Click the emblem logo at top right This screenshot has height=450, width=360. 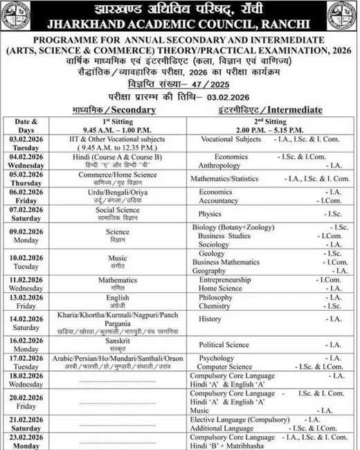[x=342, y=17]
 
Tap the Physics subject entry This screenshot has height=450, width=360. [x=210, y=214]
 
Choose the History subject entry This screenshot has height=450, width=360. [x=210, y=319]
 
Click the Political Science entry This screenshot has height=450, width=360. [x=224, y=344]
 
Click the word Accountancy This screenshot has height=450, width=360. [x=221, y=200]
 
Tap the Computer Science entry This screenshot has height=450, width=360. [x=225, y=366]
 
